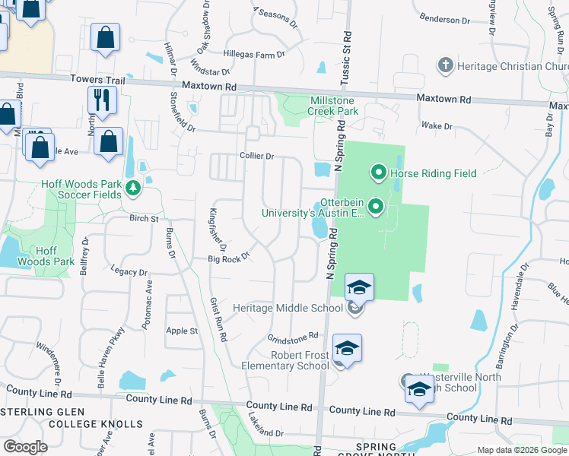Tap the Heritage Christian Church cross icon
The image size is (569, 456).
click(x=446, y=66)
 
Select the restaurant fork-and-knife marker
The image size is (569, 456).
click(x=100, y=98)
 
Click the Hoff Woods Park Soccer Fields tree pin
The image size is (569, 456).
click(x=133, y=187)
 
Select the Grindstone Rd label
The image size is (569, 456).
click(x=292, y=337)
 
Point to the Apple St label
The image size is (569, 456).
click(x=182, y=331)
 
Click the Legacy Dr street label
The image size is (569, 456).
click(x=129, y=271)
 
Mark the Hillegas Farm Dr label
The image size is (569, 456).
click(x=254, y=55)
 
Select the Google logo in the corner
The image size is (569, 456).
click(x=26, y=447)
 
